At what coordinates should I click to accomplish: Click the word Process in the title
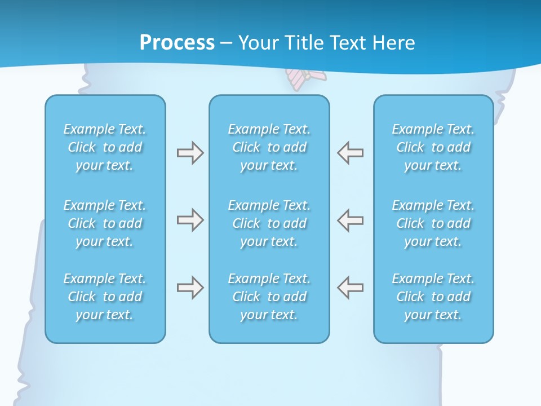pyautogui.click(x=177, y=43)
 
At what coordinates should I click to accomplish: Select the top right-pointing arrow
pyautogui.click(x=190, y=153)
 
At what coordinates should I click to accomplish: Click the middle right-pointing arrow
pyautogui.click(x=190, y=220)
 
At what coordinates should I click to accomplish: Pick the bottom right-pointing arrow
pyautogui.click(x=190, y=288)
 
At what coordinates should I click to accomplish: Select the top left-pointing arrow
pyautogui.click(x=350, y=153)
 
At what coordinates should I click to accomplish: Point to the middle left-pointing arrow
pyautogui.click(x=350, y=220)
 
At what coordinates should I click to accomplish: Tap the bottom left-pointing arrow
pyautogui.click(x=350, y=288)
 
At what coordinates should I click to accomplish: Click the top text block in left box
pyautogui.click(x=105, y=147)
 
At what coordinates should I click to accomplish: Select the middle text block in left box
pyautogui.click(x=105, y=223)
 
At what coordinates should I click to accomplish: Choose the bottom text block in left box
pyautogui.click(x=105, y=297)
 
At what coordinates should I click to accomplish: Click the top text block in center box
pyautogui.click(x=269, y=147)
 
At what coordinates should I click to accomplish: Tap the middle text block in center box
pyautogui.click(x=269, y=223)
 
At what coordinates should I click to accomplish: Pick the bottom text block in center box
pyautogui.click(x=269, y=297)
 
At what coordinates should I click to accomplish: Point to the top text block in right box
pyautogui.click(x=433, y=147)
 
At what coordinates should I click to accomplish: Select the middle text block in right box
pyautogui.click(x=433, y=223)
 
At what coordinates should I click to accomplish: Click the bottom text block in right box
pyautogui.click(x=433, y=297)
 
